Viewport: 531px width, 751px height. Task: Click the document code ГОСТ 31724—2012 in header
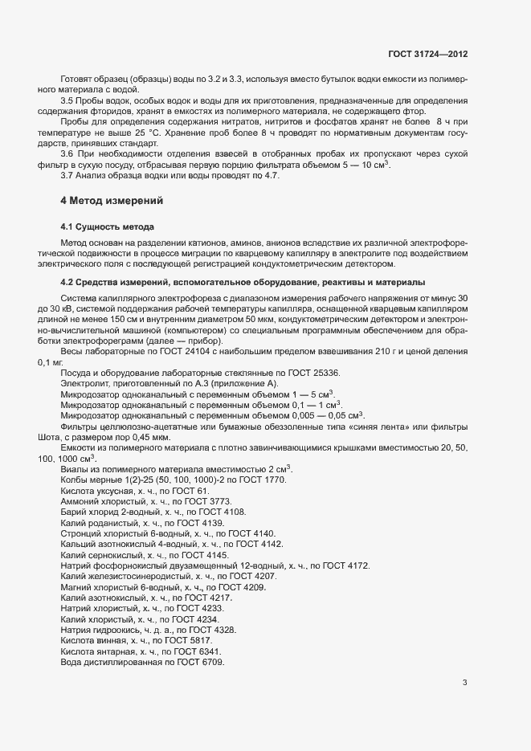click(427, 55)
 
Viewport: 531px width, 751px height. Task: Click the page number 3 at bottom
click(464, 683)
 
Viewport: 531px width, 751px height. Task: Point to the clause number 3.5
click(67, 100)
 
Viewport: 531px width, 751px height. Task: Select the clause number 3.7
click(67, 174)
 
